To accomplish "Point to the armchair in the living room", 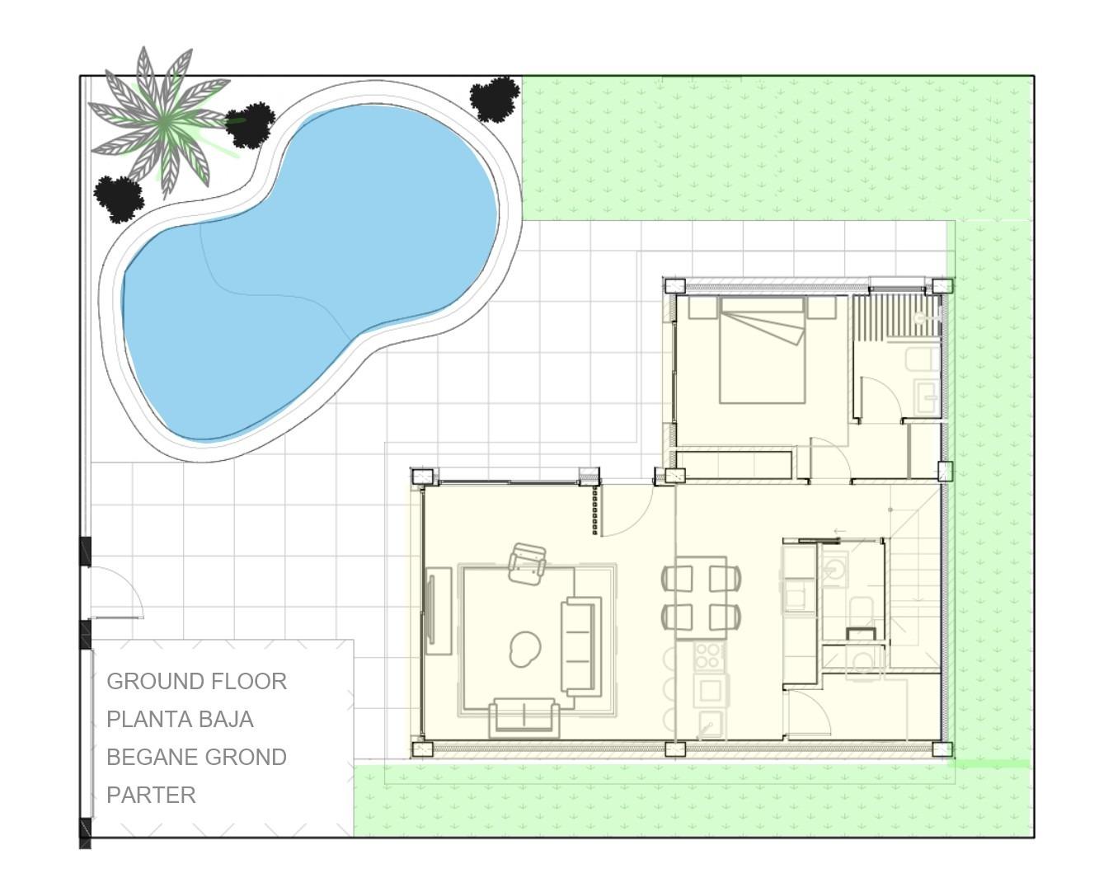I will pos(527,564).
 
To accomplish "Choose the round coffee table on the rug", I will pos(525,648).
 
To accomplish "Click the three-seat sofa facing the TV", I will pos(580,646).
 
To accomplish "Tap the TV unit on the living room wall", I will pos(437,611).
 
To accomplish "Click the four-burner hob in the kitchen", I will pos(709,657).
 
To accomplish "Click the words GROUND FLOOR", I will pos(196,682).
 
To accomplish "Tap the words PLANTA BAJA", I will pos(180,720).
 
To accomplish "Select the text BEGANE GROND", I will pos(196,758).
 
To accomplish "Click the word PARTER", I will pos(151,796).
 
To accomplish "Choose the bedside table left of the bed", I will pos(702,308).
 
